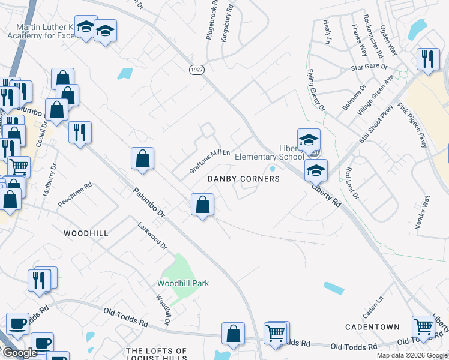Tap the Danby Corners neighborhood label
pos(244,179)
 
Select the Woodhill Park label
pos(184,283)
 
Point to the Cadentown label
pos(372,327)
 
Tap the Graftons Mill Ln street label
pos(210,161)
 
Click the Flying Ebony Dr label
pos(316,91)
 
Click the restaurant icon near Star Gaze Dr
pos(427,59)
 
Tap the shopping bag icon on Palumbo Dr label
pos(143,159)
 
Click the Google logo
pos(20,353)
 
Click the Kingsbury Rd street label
pos(226,29)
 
